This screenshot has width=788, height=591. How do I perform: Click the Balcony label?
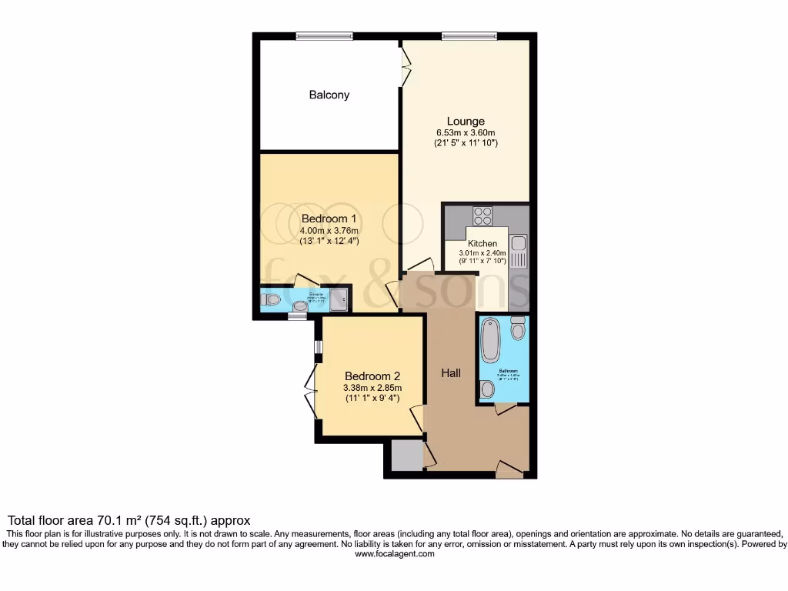(x=329, y=95)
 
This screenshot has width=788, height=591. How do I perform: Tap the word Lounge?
(x=466, y=121)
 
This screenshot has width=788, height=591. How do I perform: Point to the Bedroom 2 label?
(x=372, y=376)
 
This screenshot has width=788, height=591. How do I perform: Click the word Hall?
(x=451, y=372)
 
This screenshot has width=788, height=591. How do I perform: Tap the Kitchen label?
(x=482, y=244)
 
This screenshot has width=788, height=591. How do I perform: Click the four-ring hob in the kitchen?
(x=482, y=216)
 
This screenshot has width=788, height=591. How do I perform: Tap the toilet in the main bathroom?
(x=517, y=329)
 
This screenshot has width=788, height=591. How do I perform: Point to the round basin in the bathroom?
(x=486, y=390)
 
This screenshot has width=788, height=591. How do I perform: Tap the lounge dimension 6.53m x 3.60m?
(x=466, y=133)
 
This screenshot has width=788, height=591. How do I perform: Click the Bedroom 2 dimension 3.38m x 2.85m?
(x=372, y=388)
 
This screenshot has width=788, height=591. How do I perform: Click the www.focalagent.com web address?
(x=394, y=553)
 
